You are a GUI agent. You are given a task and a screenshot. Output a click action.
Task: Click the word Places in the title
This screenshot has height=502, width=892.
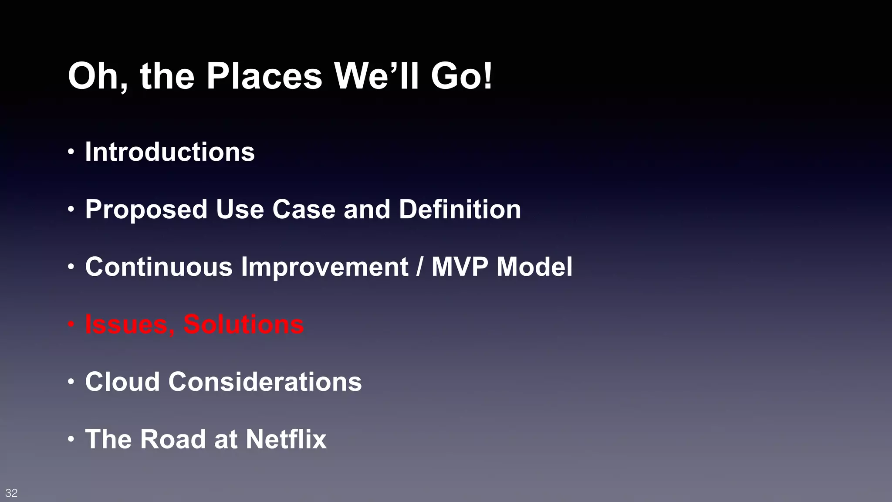264,76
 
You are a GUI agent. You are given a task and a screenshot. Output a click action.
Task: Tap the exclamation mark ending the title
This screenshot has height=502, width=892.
487,76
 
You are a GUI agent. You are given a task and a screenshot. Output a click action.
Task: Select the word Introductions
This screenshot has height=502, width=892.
169,152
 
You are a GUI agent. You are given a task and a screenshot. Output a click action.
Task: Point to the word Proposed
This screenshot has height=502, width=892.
146,210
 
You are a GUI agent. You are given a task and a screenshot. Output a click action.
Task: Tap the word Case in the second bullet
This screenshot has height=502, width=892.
304,209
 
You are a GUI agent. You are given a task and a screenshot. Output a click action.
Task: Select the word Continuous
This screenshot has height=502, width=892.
159,267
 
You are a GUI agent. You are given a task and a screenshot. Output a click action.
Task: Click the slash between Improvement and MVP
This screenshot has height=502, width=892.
419,267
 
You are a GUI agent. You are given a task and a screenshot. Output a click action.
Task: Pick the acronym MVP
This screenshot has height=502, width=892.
460,267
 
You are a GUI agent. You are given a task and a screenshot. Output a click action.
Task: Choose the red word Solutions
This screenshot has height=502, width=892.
243,325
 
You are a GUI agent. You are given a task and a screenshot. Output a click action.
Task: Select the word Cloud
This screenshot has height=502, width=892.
122,382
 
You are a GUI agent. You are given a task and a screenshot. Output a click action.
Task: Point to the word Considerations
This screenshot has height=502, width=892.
265,382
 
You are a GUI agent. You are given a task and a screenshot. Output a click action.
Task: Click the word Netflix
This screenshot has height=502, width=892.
286,439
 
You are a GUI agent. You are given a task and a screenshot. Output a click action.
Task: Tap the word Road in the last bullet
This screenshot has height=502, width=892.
173,439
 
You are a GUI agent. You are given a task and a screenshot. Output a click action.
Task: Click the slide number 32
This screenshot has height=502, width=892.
11,493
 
